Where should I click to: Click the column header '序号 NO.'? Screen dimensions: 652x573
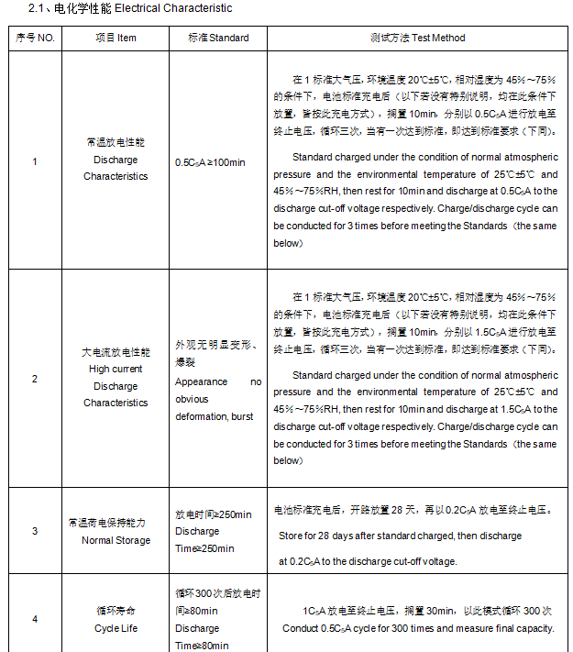click(36, 38)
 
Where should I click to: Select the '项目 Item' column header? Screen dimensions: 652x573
click(116, 38)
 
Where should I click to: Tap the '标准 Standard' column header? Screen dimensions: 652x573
click(218, 38)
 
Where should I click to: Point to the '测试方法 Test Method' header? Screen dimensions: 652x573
click(417, 38)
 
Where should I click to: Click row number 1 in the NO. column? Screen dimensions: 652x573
click(36, 161)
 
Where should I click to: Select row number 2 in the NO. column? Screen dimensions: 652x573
click(36, 378)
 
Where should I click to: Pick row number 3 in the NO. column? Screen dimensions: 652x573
click(36, 531)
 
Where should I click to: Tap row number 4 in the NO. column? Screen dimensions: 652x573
click(36, 619)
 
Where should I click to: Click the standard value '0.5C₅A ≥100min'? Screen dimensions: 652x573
click(210, 162)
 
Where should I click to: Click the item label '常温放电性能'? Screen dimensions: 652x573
click(116, 143)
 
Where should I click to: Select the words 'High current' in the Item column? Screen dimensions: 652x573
click(116, 369)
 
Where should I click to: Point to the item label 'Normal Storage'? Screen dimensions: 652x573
click(116, 540)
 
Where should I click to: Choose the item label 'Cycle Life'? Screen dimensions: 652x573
click(116, 628)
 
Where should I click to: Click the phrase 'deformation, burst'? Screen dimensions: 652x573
click(215, 416)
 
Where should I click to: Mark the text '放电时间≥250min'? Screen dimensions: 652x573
click(213, 514)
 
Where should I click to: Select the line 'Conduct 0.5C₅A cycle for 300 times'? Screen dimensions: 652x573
click(418, 628)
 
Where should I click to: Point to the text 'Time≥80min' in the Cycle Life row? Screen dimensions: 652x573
click(203, 646)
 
